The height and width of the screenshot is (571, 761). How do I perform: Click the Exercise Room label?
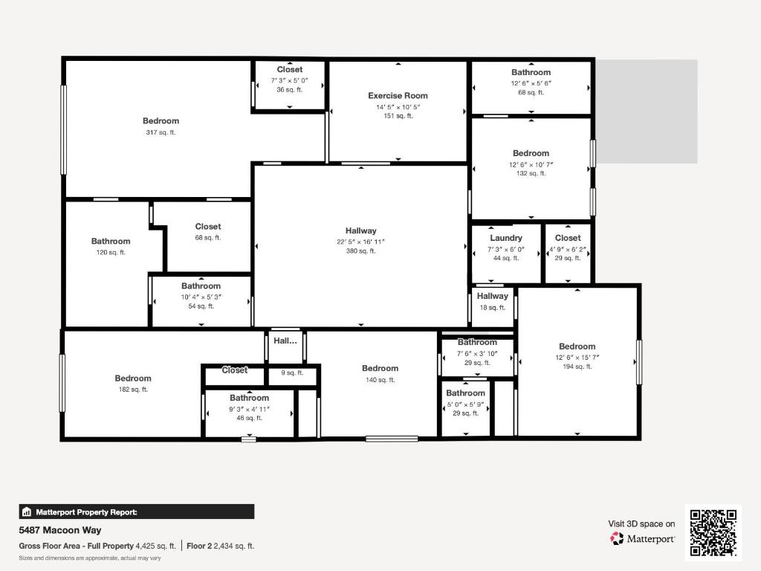pos(398,96)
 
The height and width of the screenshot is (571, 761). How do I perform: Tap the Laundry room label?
pos(505,238)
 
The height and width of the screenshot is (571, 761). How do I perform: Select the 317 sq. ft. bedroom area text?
pos(161,132)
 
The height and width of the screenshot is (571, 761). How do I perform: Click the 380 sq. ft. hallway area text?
pos(360,251)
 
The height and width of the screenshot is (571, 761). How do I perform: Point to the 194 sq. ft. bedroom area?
pos(577,367)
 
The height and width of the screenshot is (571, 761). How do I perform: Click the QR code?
pos(713,532)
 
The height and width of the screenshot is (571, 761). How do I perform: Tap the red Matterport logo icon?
pos(617,538)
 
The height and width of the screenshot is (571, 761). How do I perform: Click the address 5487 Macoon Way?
pos(60,530)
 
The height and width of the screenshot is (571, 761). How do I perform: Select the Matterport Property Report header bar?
pos(137,512)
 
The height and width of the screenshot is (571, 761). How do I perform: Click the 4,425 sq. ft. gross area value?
pos(155,546)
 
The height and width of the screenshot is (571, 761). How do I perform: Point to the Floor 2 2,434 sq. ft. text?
pos(221,546)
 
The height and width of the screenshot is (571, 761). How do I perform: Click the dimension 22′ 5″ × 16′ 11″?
pos(360,241)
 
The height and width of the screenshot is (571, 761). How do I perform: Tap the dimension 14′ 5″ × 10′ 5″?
pos(398,106)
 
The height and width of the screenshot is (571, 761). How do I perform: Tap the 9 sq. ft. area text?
pos(292,373)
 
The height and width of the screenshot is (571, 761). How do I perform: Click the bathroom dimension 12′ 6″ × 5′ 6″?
pos(531,83)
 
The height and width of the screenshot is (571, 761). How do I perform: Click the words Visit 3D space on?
pos(641,523)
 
